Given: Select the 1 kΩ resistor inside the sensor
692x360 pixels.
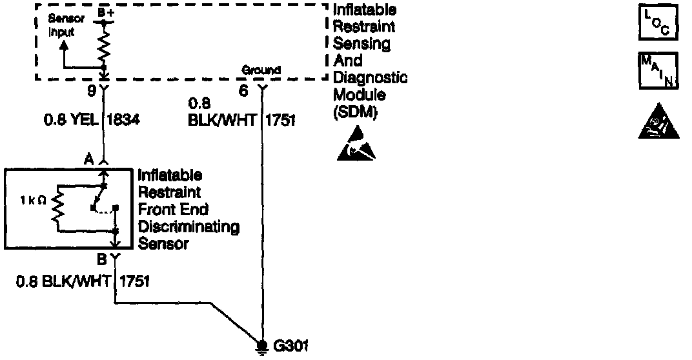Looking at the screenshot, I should coord(58,206).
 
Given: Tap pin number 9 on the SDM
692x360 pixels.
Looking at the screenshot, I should coord(91,91).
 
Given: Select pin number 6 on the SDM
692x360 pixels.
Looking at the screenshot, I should coord(243,91).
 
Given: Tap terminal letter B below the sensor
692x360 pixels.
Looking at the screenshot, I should coord(101,261).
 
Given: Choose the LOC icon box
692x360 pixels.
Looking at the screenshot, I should coord(659,23).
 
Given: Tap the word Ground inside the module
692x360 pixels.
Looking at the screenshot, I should coord(261,70).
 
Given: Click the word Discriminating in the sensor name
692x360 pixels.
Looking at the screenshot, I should coord(189,227).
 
